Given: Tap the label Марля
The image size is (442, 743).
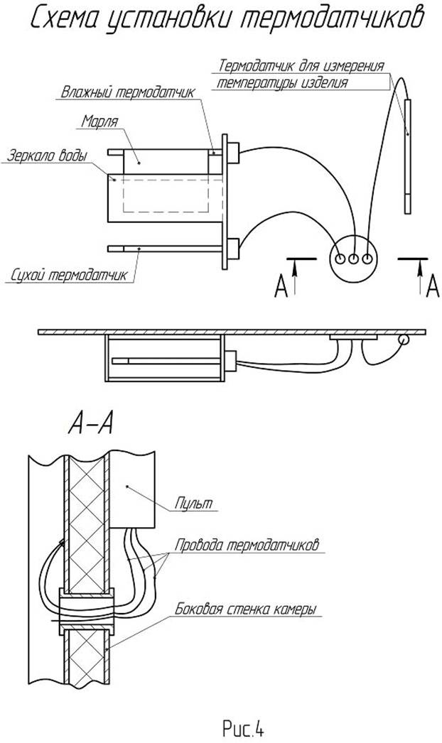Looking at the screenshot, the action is [x=99, y=121].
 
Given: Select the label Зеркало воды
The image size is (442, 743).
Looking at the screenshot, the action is [x=47, y=156].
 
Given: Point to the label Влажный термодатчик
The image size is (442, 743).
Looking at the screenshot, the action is [x=128, y=92].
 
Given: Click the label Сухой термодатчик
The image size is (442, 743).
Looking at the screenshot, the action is [x=70, y=276].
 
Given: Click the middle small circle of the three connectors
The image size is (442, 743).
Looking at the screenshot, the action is [x=353, y=259].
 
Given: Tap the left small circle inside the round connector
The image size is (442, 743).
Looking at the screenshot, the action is [x=340, y=259].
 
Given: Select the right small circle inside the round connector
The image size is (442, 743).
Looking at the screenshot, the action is [x=367, y=259].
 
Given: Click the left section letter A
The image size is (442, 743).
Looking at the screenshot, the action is [x=281, y=286].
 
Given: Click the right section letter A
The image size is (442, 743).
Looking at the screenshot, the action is [x=433, y=286].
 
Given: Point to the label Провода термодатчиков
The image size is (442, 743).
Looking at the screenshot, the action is [x=247, y=545].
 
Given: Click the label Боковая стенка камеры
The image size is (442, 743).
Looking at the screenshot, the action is [x=246, y=609].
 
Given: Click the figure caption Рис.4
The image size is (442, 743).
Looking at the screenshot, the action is [x=243, y=727].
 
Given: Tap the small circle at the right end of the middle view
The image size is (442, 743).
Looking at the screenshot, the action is [x=404, y=340].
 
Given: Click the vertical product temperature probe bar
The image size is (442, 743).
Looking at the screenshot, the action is [x=408, y=156].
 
